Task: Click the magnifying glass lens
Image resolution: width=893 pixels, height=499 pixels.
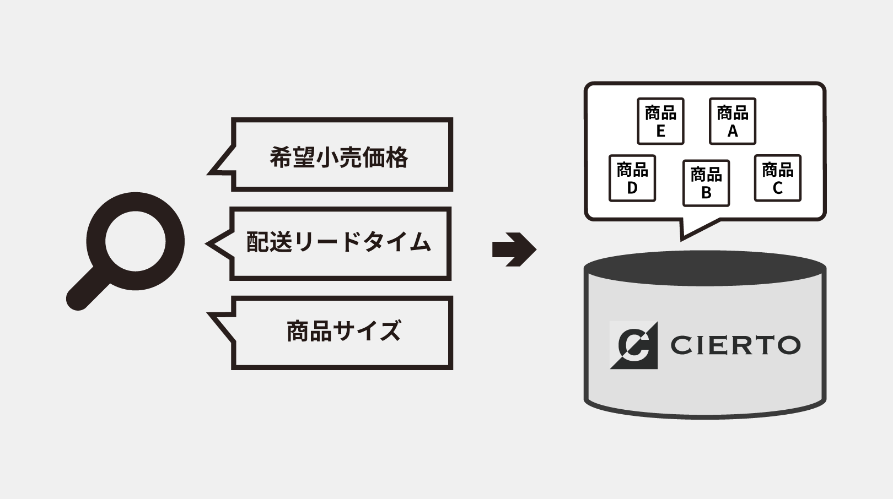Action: point(136,241)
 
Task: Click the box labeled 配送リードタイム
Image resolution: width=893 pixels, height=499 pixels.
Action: point(340,243)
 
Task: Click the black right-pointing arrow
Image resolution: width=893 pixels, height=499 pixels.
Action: point(514,249)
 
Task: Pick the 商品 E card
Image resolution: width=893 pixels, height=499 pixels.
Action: point(660,121)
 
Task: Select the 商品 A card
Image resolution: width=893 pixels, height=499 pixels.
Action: point(732,121)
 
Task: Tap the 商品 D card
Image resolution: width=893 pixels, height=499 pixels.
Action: point(632,178)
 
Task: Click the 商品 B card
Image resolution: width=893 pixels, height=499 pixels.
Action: point(706,183)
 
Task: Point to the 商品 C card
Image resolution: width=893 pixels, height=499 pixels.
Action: point(777,178)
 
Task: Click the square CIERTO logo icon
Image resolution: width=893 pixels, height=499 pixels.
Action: point(633,345)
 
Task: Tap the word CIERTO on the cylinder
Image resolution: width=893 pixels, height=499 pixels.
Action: point(735,345)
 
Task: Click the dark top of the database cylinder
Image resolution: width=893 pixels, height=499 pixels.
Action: point(704,268)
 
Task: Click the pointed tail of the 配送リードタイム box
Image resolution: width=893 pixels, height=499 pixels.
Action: point(216,243)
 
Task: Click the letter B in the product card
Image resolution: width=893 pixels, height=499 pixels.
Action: point(706,193)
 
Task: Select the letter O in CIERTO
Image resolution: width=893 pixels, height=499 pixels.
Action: point(786,345)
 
